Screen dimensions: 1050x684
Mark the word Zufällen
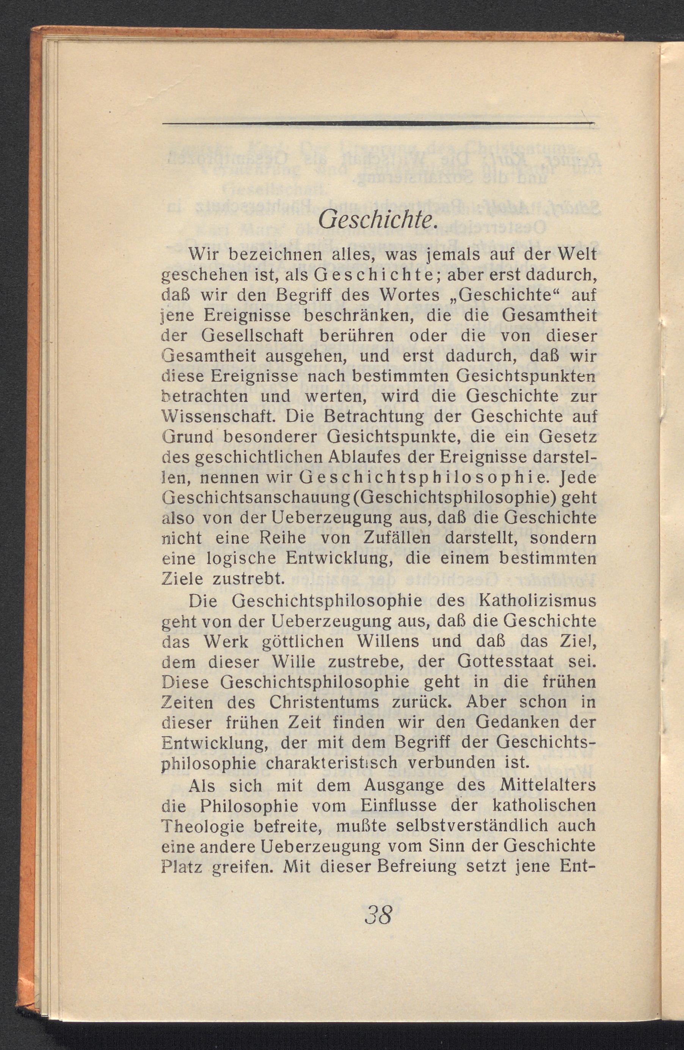coord(394,538)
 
